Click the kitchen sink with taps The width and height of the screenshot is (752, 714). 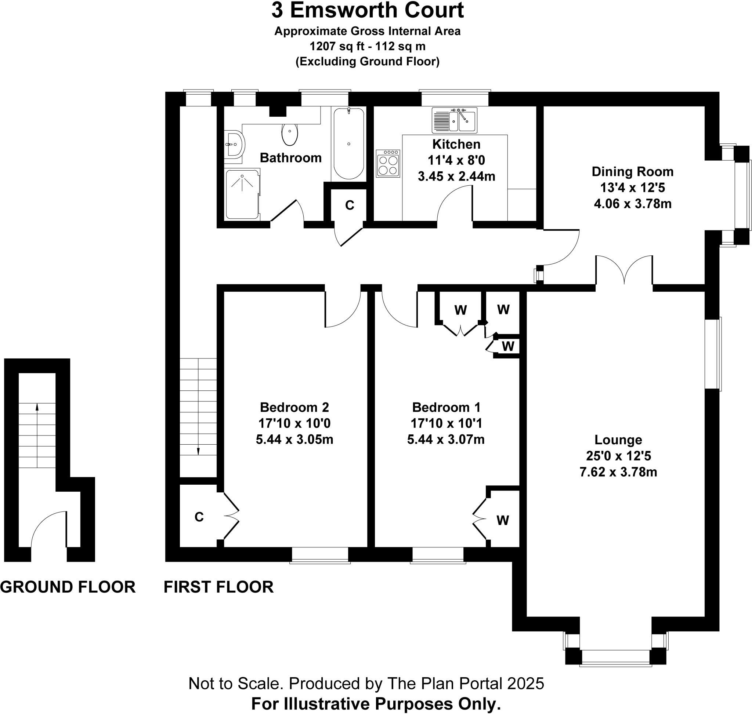coord(454,120)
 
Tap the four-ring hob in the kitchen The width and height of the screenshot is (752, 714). coord(388,163)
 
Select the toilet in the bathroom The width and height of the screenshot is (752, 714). coord(290,134)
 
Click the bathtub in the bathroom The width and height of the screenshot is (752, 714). coord(348,144)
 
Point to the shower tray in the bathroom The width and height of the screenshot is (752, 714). coord(242,194)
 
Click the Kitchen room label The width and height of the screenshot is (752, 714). coord(456,144)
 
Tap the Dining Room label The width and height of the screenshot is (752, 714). coord(632,172)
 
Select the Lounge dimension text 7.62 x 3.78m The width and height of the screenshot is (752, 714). coord(618,472)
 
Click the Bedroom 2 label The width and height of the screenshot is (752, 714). coord(294,407)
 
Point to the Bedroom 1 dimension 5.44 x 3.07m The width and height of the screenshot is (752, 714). coord(446,440)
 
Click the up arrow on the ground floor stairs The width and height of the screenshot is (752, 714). coord(37,407)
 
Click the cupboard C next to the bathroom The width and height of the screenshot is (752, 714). coord(349,205)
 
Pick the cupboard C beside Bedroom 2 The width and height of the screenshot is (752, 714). coord(199,517)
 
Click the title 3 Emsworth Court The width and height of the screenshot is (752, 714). coord(367,10)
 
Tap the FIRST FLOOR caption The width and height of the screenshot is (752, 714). coord(218,587)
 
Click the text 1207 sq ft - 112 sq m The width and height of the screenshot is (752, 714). coord(367,47)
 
